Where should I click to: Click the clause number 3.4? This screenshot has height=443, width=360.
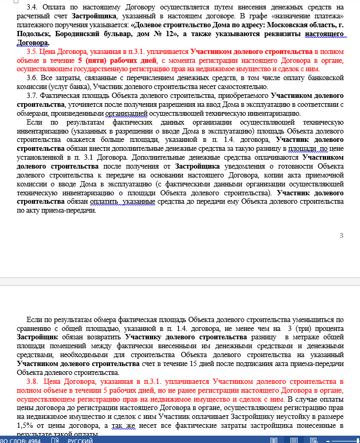32,7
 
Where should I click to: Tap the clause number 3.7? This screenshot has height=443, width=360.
32,96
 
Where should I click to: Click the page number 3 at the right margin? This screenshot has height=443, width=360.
341,235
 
